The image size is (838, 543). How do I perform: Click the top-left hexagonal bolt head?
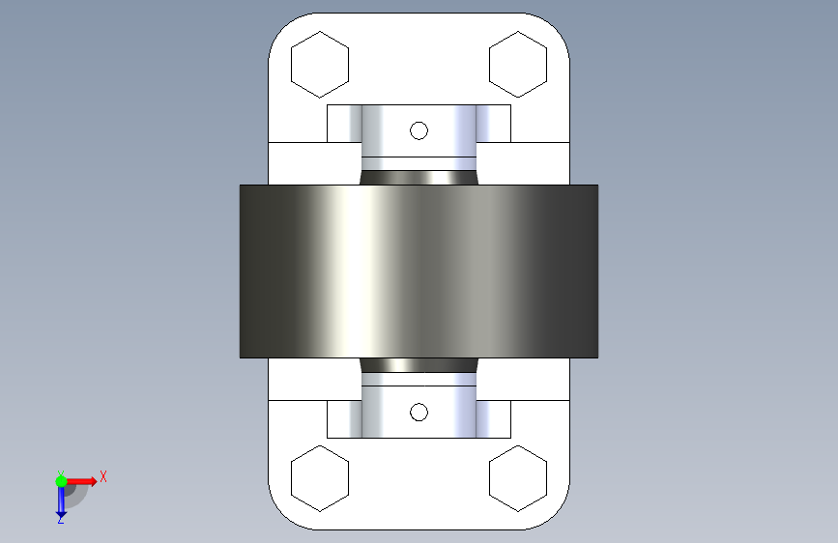tap(320, 65)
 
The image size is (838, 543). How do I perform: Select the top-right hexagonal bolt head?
tap(518, 65)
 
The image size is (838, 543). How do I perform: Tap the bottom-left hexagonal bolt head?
tap(320, 478)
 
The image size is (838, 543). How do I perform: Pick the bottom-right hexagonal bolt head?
tap(518, 478)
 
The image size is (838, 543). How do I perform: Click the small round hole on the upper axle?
tap(419, 130)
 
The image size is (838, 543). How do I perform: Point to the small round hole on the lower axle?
tap(419, 412)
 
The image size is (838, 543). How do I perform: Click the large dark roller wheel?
tap(419, 271)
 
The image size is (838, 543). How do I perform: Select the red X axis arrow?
tap(81, 481)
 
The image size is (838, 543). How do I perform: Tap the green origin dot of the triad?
tap(61, 481)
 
